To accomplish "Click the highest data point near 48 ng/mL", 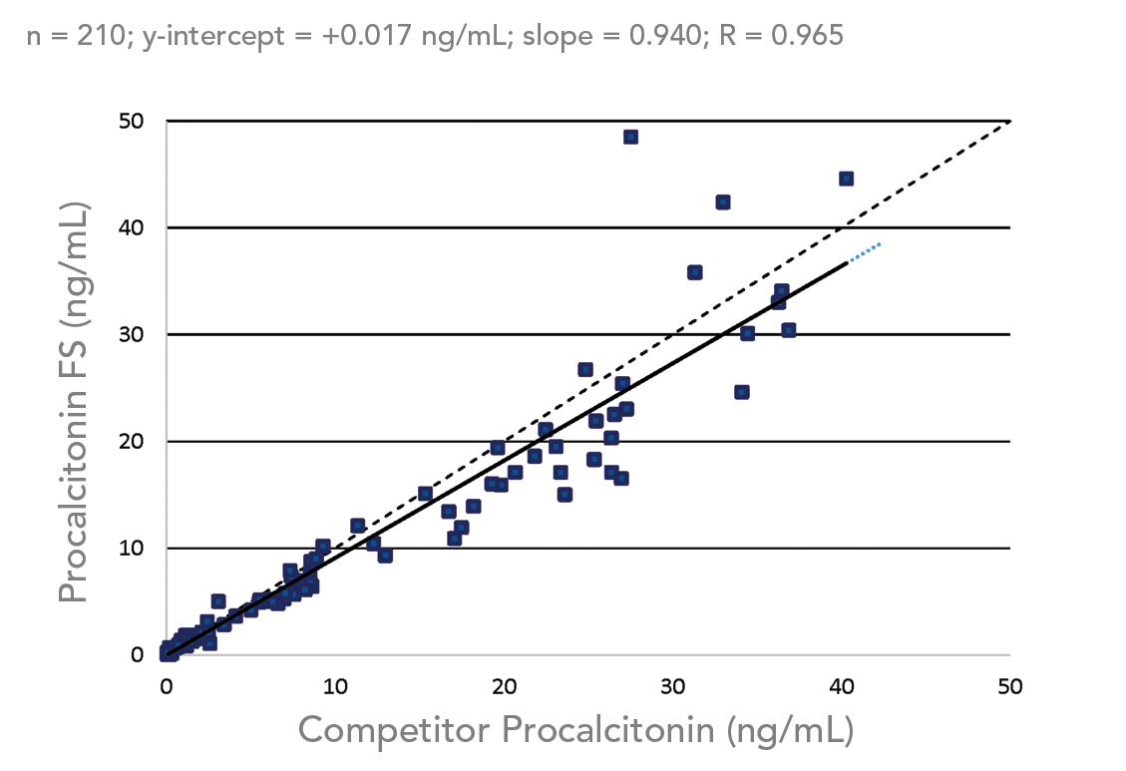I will (630, 137).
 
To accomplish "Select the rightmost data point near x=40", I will (846, 179).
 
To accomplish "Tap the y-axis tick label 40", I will (131, 227).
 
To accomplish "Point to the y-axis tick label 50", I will (131, 121).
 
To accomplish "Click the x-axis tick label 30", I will (673, 686).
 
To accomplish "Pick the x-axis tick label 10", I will (335, 686).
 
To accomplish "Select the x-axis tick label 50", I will (1010, 686).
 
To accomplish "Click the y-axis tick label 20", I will (131, 441).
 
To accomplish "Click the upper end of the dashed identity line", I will (1007, 123).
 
